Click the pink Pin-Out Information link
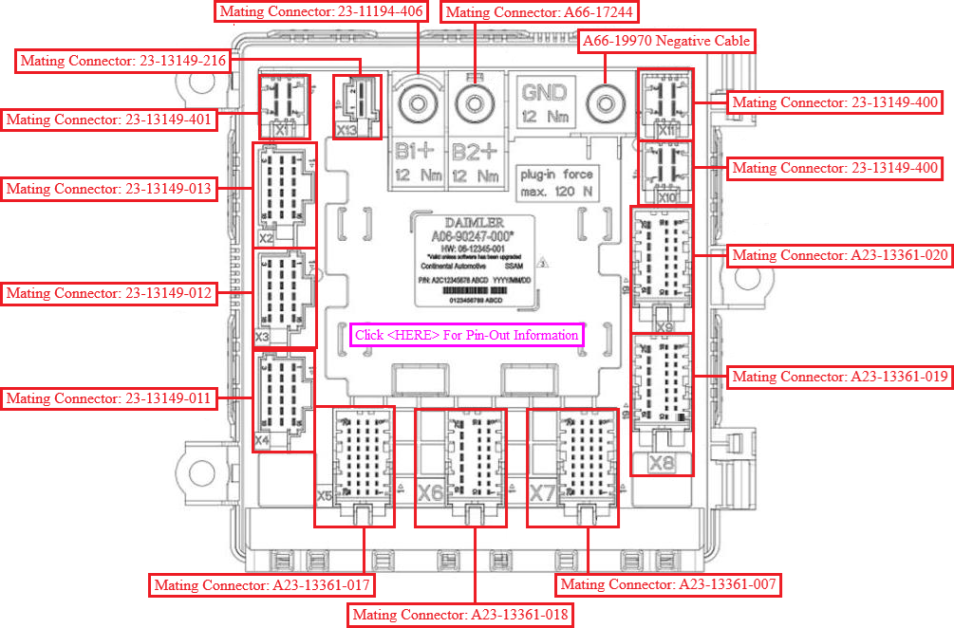pos(465,335)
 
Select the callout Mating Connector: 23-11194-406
pos(321,12)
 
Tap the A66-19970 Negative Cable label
pos(666,41)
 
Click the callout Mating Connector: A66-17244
pos(539,12)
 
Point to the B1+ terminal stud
pos(418,102)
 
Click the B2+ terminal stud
pos(472,102)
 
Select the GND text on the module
pos(544,93)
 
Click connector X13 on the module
pos(356,106)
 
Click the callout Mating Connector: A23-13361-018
pos(460,615)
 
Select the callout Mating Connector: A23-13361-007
pos(668,584)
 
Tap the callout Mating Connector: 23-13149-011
pos(108,398)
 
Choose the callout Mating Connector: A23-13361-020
pos(839,255)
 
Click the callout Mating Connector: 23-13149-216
pos(123,62)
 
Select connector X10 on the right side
pos(664,174)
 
